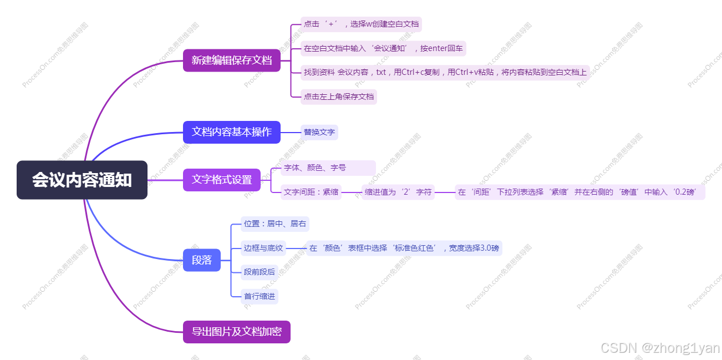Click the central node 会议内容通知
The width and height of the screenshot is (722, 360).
tap(82, 180)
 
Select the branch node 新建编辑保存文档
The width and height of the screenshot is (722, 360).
tap(232, 60)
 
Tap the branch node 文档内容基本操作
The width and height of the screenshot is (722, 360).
tap(232, 132)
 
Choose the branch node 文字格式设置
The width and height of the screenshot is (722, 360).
tap(222, 180)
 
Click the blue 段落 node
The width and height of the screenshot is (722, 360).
tap(202, 260)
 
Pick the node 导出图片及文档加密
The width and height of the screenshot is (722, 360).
tap(237, 332)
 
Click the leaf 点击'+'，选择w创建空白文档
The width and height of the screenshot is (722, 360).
tap(362, 24)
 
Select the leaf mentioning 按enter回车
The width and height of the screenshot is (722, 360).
tap(383, 48)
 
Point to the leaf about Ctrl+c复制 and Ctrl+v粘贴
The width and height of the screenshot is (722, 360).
tap(445, 72)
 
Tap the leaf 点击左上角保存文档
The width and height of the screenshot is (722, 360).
tap(339, 97)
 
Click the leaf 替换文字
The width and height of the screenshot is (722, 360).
tap(319, 132)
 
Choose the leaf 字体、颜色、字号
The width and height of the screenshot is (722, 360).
tap(327, 168)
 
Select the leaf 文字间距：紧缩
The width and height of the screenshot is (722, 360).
tap(311, 192)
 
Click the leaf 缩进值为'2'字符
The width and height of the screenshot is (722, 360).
tap(398, 192)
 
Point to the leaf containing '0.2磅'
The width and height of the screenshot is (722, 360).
tap(580, 192)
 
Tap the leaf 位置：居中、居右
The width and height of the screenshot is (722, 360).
tap(275, 224)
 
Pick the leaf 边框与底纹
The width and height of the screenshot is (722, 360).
tap(263, 248)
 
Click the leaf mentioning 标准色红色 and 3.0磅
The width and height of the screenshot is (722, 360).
tap(404, 248)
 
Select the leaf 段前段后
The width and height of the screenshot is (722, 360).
tap(260, 272)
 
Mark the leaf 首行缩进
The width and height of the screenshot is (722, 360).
tap(260, 296)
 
